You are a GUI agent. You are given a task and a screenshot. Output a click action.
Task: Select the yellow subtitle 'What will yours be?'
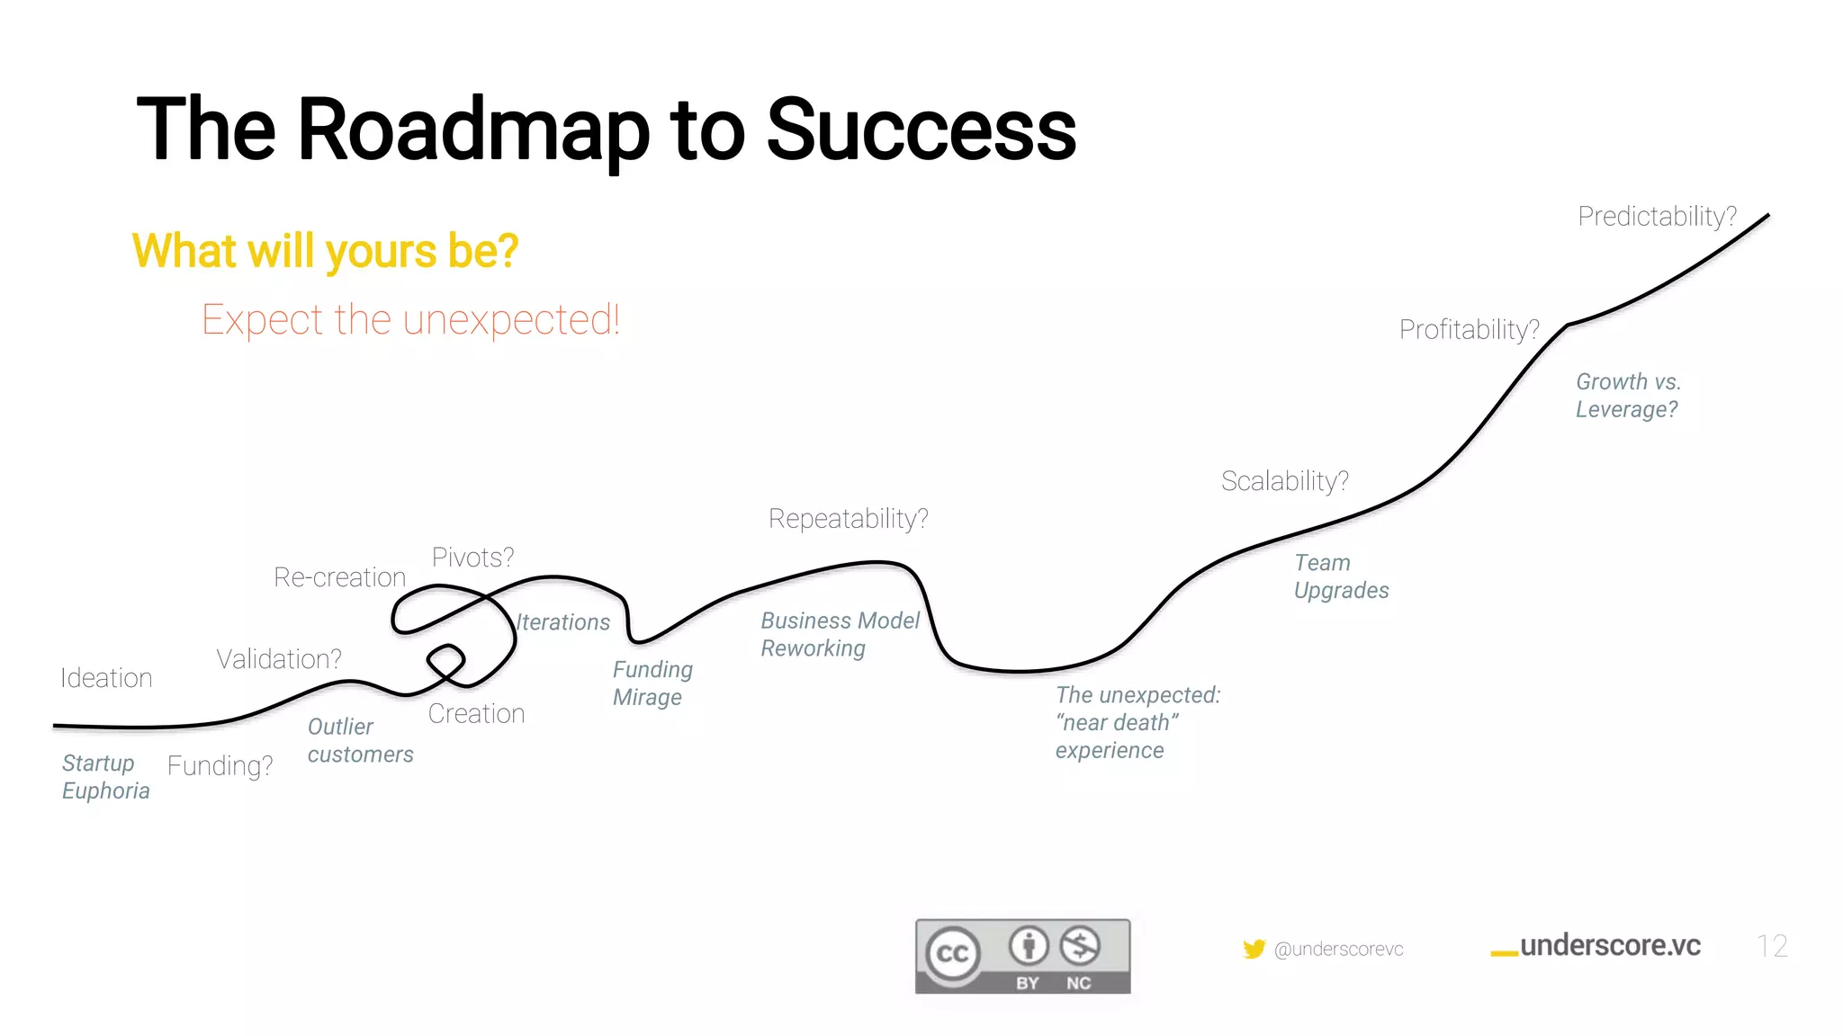pos(325,251)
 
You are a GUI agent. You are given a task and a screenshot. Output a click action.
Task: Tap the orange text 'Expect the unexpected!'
pos(410,320)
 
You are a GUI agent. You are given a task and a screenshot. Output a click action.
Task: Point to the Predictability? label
pos(1657,217)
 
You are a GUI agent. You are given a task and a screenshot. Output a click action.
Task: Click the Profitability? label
pos(1469,330)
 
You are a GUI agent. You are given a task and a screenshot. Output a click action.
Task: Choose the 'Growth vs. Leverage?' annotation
pos(1627,396)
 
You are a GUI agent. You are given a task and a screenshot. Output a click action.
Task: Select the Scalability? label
pos(1284,481)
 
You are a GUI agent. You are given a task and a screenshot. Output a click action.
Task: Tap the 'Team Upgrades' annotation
pos(1340,576)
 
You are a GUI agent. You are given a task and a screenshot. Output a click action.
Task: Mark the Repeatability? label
pos(848,519)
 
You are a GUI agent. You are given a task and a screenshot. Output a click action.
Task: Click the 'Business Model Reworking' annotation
pos(839,634)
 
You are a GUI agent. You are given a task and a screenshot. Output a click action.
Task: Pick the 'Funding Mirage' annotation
pos(652,683)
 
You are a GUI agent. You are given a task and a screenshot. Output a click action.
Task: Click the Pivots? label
pos(472,558)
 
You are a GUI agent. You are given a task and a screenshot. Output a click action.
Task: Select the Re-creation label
pos(339,577)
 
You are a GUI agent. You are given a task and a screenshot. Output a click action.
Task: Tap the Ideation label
pos(106,678)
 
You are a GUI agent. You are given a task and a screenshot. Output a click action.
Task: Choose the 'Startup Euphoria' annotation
pos(104,777)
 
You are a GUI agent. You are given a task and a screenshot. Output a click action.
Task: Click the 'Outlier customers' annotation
pos(359,740)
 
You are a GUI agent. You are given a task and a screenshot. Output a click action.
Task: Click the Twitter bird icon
pos(1254,949)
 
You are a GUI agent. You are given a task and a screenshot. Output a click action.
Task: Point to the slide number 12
pos(1771,946)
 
